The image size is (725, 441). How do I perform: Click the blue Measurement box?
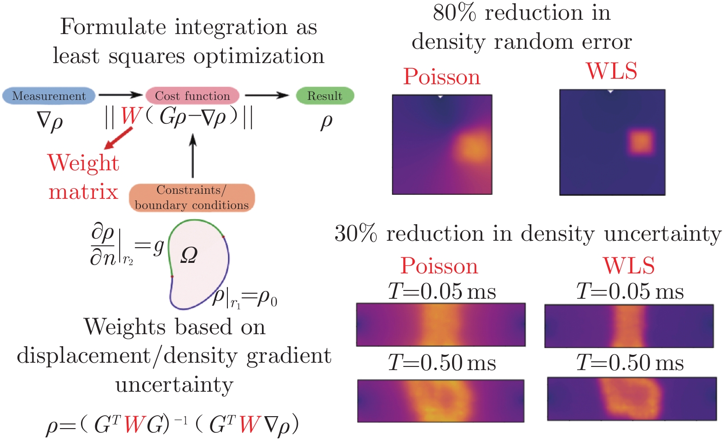point(49,96)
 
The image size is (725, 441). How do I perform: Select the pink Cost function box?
point(192,96)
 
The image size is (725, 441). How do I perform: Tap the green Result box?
point(325,96)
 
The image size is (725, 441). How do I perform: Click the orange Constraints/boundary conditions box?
point(191,197)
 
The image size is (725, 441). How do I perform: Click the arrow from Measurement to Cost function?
point(121,95)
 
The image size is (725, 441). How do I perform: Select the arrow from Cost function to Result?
point(267,95)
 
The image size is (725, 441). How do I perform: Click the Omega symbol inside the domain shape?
point(189,255)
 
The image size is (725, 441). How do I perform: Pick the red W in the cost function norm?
point(130,116)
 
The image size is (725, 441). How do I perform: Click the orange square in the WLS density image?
point(641,142)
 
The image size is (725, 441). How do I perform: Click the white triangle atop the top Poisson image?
point(441,97)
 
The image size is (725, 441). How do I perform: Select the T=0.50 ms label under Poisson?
point(442,363)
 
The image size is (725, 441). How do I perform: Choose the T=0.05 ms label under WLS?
point(630,291)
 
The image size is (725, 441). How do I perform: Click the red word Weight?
point(83,163)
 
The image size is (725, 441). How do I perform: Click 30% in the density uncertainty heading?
point(355,234)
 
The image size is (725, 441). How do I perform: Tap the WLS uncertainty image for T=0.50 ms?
point(632,399)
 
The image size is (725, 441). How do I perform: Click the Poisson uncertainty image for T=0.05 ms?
point(441,325)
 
